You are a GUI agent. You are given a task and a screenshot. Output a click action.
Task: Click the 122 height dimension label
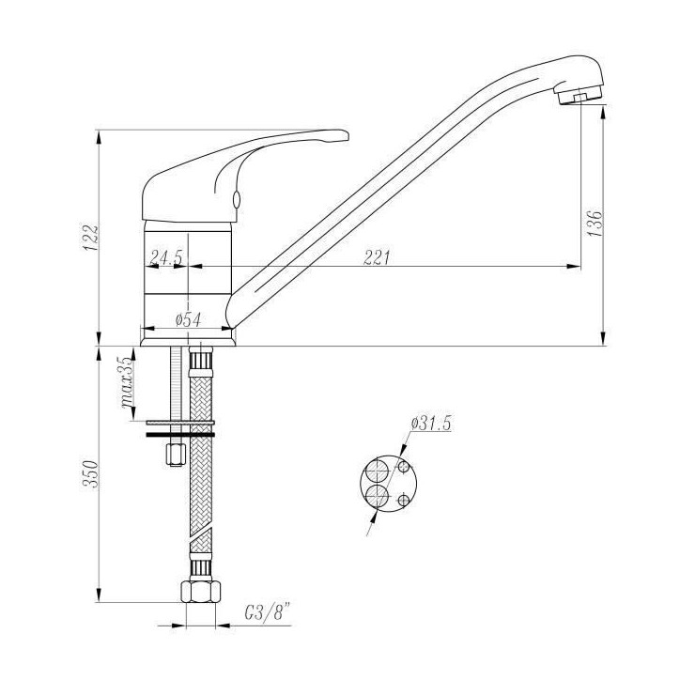[x=91, y=238]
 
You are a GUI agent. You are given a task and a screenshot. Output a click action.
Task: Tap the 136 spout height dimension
[x=595, y=224]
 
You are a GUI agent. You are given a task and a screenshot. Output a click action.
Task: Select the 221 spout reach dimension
[x=377, y=257]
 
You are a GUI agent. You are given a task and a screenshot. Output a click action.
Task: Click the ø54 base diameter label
[x=188, y=320]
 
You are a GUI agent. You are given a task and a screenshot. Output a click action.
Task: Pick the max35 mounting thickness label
[x=128, y=382]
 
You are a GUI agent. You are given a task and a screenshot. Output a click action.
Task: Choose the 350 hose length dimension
[x=91, y=474]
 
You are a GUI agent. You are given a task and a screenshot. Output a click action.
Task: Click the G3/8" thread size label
[x=267, y=613]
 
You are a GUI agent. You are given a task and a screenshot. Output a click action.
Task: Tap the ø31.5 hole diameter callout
[x=431, y=423]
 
